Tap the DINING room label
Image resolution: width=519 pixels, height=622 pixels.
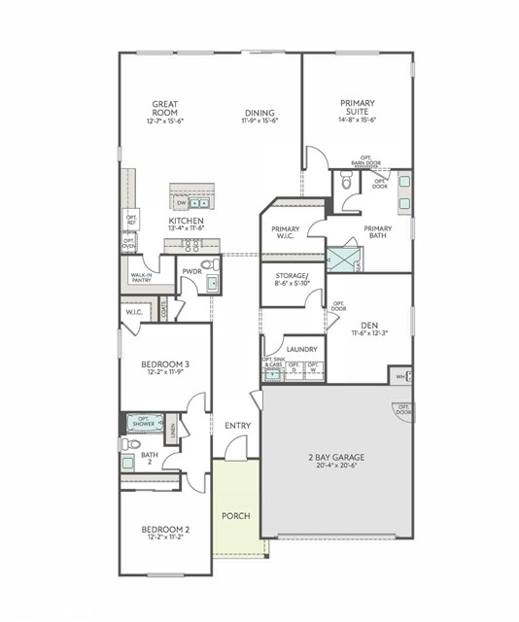[x=259, y=112]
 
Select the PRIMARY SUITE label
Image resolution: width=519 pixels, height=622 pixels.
[x=358, y=106]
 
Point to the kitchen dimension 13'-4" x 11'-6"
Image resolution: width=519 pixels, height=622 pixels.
[x=186, y=228]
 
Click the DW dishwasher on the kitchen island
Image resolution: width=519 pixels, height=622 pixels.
[x=180, y=203]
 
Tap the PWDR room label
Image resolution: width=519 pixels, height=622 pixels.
[x=190, y=272]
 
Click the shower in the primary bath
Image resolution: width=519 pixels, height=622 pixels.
[x=341, y=259]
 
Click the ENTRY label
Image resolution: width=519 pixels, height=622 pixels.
[x=237, y=426]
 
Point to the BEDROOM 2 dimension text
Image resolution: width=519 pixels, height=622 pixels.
[x=164, y=537]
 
